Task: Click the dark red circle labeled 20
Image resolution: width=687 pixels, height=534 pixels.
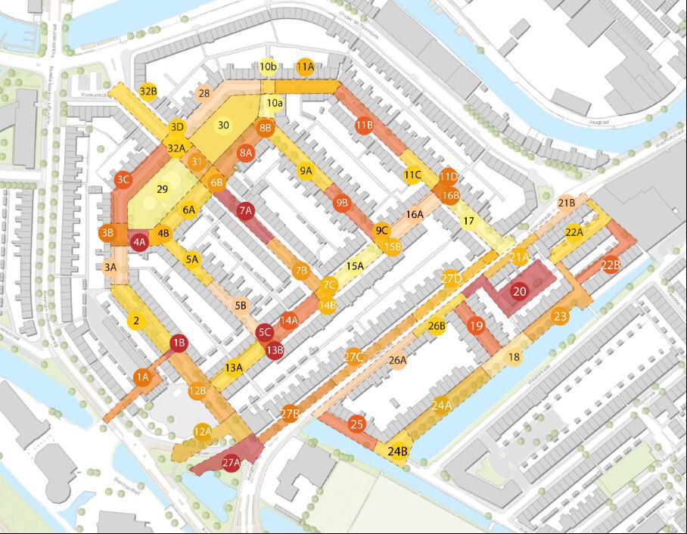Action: pyautogui.click(x=519, y=291)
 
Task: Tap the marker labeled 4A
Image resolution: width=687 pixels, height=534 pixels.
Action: pyautogui.click(x=139, y=242)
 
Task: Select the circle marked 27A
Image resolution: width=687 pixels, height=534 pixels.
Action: pyautogui.click(x=232, y=462)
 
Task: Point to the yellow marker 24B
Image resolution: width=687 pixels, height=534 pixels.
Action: pyautogui.click(x=398, y=452)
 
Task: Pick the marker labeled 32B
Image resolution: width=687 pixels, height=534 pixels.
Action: pyautogui.click(x=148, y=92)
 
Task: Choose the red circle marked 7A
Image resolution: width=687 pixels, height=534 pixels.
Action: pyautogui.click(x=245, y=211)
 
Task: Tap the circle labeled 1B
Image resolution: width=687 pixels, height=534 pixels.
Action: pyautogui.click(x=179, y=343)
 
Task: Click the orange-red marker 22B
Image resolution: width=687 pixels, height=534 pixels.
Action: pyautogui.click(x=611, y=265)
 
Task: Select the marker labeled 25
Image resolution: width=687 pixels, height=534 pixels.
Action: pyautogui.click(x=357, y=425)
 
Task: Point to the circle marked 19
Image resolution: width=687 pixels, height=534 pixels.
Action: pyautogui.click(x=476, y=326)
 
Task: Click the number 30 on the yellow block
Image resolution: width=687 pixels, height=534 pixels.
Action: pyautogui.click(x=223, y=125)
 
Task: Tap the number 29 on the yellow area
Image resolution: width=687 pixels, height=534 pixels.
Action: pyautogui.click(x=161, y=189)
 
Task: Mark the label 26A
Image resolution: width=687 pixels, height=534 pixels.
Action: pyautogui.click(x=398, y=360)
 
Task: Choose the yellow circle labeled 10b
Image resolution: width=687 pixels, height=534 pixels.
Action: pyautogui.click(x=267, y=67)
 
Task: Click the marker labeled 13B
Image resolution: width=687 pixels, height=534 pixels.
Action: pyautogui.click(x=275, y=349)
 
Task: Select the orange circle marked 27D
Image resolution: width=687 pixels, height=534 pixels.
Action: pyautogui.click(x=452, y=278)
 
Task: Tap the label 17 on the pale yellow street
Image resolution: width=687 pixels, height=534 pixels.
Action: pyautogui.click(x=468, y=222)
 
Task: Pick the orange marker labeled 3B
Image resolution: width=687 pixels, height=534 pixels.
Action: pyautogui.click(x=107, y=233)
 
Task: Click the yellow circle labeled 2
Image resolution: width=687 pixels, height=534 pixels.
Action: pyautogui.click(x=136, y=321)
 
